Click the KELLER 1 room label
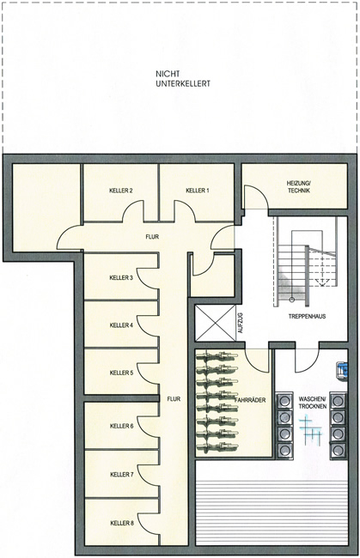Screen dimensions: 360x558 pos(198,191)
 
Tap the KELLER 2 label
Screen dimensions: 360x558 pos(121,191)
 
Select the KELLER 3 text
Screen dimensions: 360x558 pos(121,277)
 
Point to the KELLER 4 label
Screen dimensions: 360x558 pos(121,324)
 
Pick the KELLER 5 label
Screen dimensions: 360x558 pos(121,373)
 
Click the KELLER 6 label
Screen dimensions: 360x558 pos(122,426)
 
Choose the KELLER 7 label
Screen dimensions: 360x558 pos(122,475)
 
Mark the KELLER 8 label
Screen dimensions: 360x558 pos(122,523)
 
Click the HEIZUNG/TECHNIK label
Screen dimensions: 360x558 pos(298,187)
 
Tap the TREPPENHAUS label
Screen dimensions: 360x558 pos(307,316)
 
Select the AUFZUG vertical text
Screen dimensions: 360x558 pos(240,323)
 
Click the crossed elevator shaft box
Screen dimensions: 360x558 pos(216,323)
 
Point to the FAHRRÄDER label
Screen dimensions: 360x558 pos(250,400)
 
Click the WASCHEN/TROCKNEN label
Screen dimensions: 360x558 pos(312,402)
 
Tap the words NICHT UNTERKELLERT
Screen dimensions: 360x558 pos(183,79)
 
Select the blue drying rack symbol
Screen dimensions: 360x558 pos(310,429)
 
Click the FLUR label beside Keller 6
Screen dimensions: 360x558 pos(174,399)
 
